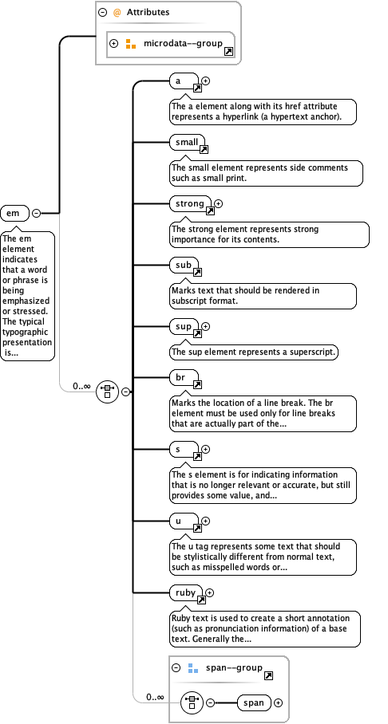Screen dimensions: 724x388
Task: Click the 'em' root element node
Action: coord(14,213)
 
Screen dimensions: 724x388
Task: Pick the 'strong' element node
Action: coord(190,204)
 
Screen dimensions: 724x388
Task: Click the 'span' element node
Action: coord(254,702)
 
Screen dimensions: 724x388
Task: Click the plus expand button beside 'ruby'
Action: coord(210,592)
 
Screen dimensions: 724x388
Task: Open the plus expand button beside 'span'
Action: coord(279,702)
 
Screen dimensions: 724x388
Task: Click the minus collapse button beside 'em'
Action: coord(36,213)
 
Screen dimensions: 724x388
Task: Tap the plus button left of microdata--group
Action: coord(113,43)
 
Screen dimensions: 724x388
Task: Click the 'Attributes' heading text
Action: coord(148,13)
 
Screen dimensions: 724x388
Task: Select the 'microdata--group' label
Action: coord(183,43)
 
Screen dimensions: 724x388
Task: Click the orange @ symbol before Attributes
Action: coord(117,13)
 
